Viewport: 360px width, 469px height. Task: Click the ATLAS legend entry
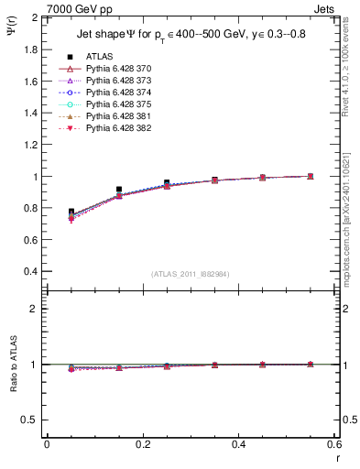pyautogui.click(x=99, y=56)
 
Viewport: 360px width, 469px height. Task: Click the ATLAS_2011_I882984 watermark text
pyautogui.click(x=190, y=274)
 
